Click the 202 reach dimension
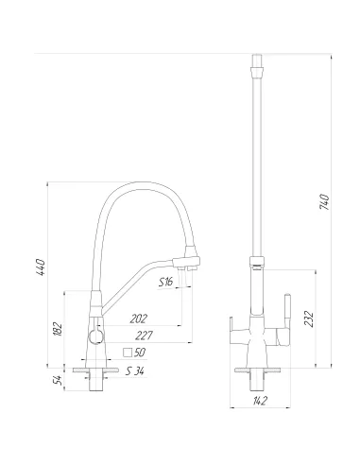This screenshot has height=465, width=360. (x=138, y=319)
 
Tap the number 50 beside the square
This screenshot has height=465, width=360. (x=140, y=353)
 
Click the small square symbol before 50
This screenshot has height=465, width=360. (x=127, y=353)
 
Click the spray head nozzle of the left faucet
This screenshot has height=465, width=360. (x=190, y=260)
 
